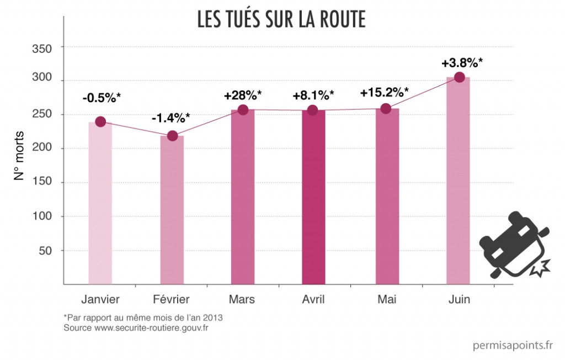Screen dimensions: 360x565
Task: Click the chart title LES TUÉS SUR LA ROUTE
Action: (x=281, y=20)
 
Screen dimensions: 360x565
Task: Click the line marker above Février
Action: (x=172, y=136)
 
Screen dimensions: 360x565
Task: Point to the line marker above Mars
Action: (x=243, y=110)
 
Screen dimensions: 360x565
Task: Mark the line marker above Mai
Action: (x=386, y=109)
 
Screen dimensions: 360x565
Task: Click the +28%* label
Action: (x=243, y=96)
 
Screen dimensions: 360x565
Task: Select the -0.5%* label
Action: (x=102, y=98)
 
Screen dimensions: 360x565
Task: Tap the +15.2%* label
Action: (x=385, y=92)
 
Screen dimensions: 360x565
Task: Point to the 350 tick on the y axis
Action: (x=41, y=48)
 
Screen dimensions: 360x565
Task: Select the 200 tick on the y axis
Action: (x=41, y=149)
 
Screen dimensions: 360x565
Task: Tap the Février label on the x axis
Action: (x=170, y=299)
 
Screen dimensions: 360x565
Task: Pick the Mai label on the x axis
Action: (x=386, y=299)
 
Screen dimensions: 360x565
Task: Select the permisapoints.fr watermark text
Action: (x=513, y=346)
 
